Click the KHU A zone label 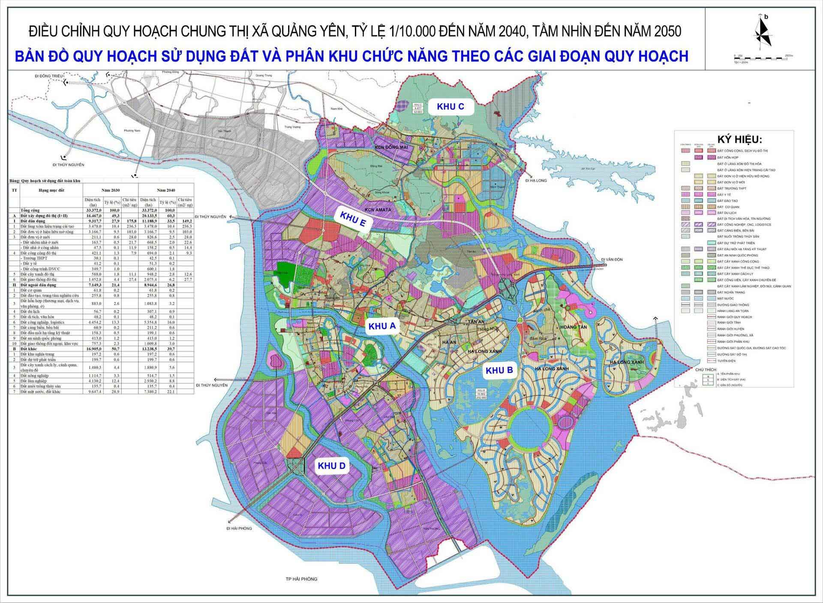[382, 326]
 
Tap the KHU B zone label [499, 370]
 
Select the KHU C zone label [450, 107]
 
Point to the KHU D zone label [331, 466]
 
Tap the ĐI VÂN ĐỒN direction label [611, 259]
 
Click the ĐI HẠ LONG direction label [536, 181]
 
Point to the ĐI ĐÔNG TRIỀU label [49, 76]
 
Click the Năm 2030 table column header [111, 190]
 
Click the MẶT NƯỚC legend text [726, 298]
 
